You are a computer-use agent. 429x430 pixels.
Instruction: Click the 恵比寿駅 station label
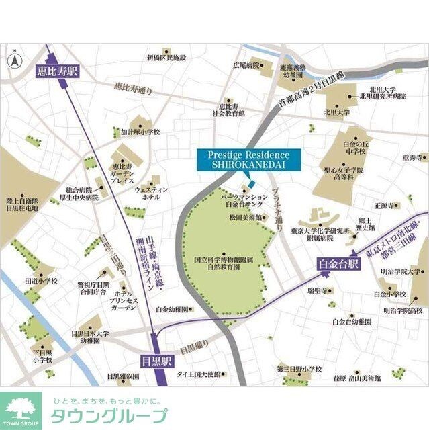coord(57,70)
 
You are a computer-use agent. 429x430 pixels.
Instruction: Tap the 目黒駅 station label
coord(158,359)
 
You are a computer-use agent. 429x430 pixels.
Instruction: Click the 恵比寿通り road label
coord(134,88)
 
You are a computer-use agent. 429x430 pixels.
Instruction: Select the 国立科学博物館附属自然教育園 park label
coord(222,263)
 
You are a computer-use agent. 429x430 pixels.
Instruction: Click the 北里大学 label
coord(336,114)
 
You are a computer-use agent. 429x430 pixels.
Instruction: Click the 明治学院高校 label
coord(403,311)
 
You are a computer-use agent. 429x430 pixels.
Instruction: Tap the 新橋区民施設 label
coord(166,58)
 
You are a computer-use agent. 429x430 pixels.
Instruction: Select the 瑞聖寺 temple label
coord(316,290)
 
